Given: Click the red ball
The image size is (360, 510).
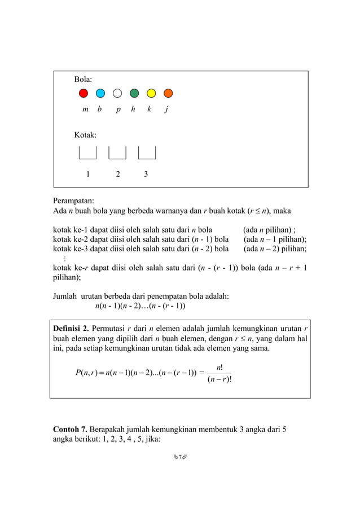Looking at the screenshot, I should point(84,93).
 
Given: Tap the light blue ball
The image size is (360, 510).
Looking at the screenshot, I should point(100,93).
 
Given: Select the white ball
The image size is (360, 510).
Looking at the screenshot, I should point(117,93).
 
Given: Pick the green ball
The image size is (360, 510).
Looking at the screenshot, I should point(134,93).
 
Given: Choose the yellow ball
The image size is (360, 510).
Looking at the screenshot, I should point(151,93).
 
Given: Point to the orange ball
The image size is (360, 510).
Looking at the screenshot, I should point(168,93).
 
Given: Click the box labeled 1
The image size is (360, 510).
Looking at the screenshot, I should point(87,153).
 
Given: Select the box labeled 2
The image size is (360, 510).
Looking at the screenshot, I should point(117,153).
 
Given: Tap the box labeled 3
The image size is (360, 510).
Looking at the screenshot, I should point(147,153).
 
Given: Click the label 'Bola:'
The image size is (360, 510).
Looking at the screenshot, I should point(84,79).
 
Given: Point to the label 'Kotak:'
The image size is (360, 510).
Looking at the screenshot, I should point(85,135).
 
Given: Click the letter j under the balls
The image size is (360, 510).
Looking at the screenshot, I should point(166,110).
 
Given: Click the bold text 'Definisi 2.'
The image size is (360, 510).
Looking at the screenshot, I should point(71,328).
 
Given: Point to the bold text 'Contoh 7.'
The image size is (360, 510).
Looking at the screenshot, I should point(69,429).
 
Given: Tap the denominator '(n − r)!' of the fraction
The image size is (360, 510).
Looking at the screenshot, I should point(219,381).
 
